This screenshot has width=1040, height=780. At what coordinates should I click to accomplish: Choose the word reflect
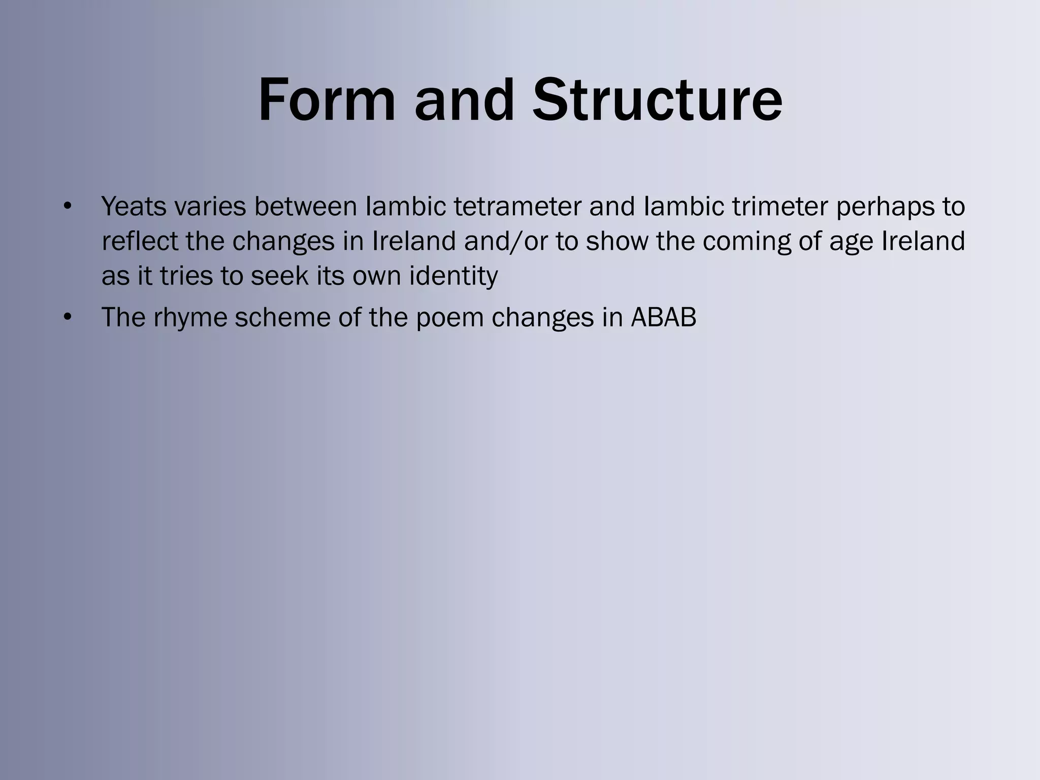tap(140, 241)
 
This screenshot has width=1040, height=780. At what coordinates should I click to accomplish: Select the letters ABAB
tap(663, 317)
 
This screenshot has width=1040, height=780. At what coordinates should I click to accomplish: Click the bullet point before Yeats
tap(67, 207)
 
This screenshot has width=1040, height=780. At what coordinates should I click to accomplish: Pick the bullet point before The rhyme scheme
tap(67, 317)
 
